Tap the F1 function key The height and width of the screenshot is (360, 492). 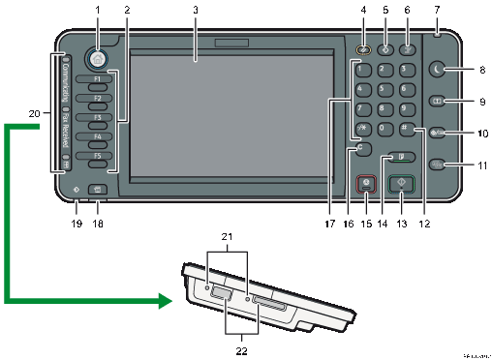click(x=97, y=82)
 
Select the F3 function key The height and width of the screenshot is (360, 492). click(x=97, y=121)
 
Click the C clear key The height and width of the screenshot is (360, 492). click(x=361, y=150)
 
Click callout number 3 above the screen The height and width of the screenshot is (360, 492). click(x=196, y=11)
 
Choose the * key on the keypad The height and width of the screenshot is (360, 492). click(x=361, y=130)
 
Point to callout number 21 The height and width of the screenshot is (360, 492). click(x=229, y=236)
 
